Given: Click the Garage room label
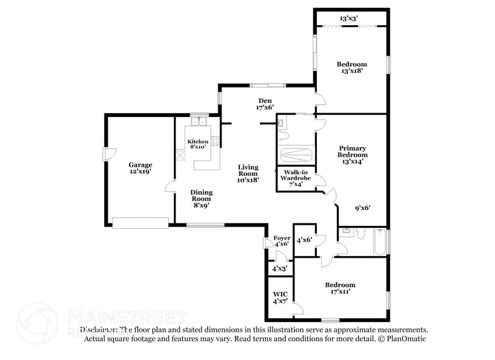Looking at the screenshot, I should [140, 168].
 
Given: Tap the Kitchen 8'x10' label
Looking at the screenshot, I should [198, 144].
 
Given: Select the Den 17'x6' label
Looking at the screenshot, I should [264, 104].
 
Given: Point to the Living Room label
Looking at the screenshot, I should [248, 173].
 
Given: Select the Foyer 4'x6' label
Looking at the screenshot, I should [281, 241].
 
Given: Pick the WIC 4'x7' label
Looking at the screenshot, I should [280, 298].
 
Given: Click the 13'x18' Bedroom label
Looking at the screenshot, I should [352, 67].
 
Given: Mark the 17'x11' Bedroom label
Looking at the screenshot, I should [340, 288].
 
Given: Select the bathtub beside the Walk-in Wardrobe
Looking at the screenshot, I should [296, 154].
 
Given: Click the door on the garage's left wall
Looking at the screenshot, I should [106, 154].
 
